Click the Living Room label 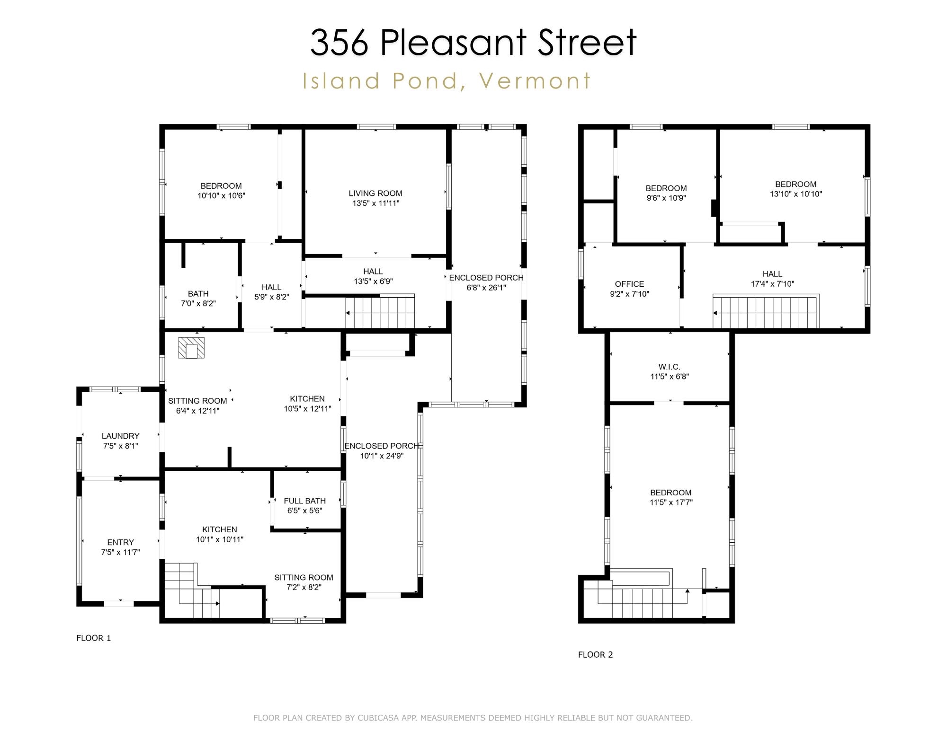pos(375,193)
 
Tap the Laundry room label pos(120,436)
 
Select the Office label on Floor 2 pos(629,284)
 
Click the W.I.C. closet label pos(669,367)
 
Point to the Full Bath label pos(304,501)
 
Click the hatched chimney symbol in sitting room pos(191,348)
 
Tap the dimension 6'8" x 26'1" pos(486,288)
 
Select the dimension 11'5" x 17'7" pos(670,502)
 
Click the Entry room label pos(120,542)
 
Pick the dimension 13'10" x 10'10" pos(795,194)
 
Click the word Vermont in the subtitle pos(535,81)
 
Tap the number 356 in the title pos(339,43)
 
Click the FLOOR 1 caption pos(93,638)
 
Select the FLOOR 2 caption pos(595,654)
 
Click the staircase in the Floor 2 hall pos(766,311)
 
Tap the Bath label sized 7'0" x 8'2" pos(198,293)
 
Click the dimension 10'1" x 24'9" pos(381,456)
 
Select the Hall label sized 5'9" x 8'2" pos(271,287)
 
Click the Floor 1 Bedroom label pos(221,186)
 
